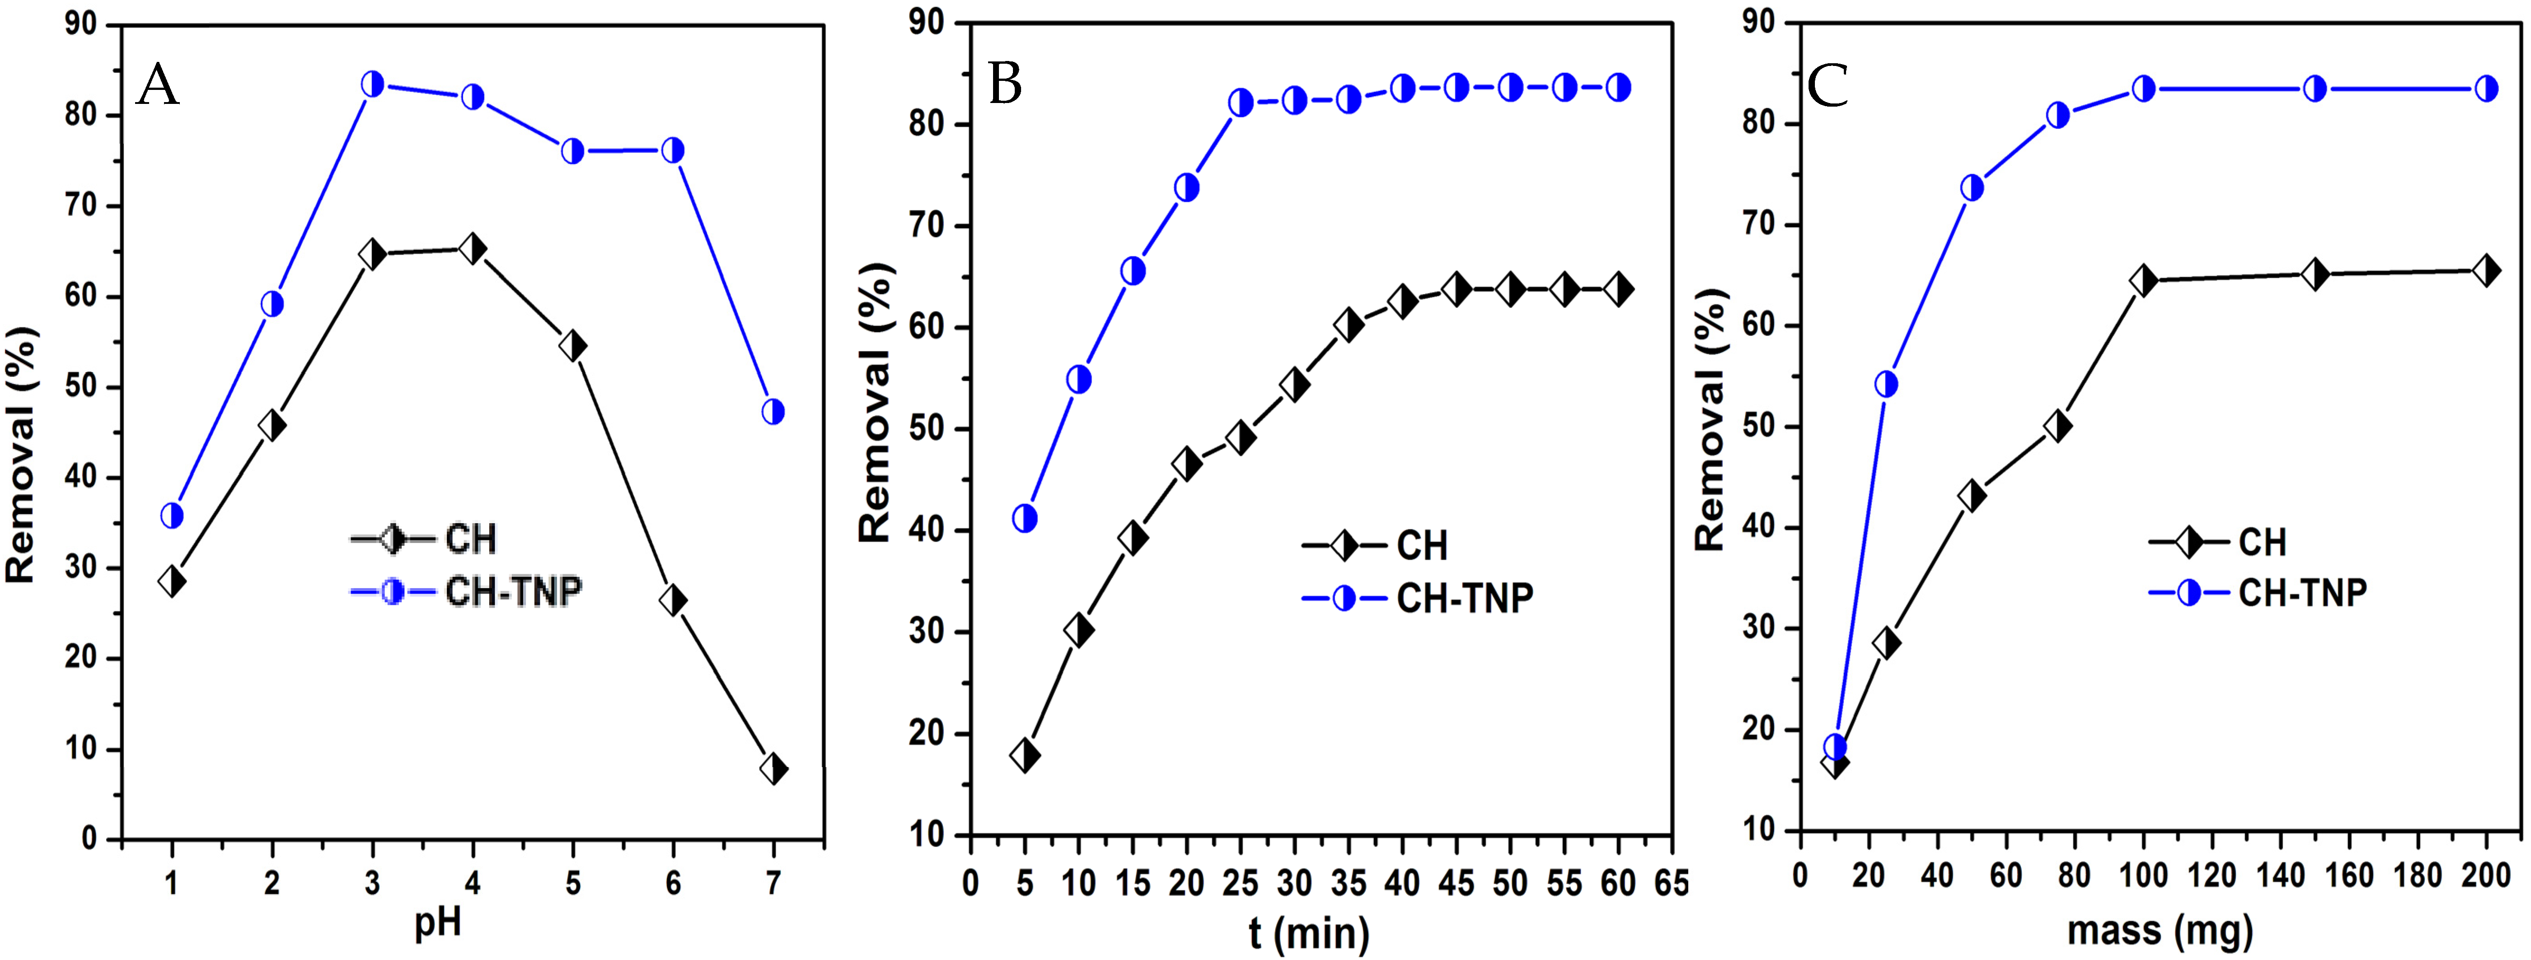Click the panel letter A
point(158,85)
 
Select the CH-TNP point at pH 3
point(372,84)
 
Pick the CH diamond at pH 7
point(773,768)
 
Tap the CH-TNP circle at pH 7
point(773,412)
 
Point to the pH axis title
point(437,924)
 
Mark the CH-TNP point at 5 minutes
point(1025,518)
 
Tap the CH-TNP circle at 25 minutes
point(1241,102)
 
